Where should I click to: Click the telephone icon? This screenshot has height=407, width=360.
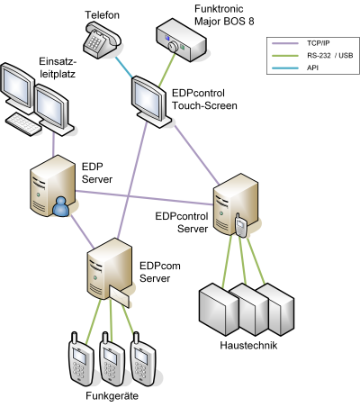click(102, 39)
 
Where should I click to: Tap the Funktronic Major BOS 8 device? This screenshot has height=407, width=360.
click(181, 40)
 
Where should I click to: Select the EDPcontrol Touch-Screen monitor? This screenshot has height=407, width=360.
click(151, 102)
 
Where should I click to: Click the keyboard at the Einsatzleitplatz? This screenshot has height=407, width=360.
click(23, 123)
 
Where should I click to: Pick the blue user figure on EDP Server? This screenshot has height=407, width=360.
click(61, 207)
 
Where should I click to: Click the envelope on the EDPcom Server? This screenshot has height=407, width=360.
click(120, 296)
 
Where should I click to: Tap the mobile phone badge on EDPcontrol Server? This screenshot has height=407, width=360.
click(240, 225)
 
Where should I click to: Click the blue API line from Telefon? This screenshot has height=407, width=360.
click(123, 68)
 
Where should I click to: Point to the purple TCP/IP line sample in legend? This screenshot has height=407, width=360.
click(285, 43)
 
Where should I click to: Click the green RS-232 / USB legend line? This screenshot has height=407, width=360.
click(285, 56)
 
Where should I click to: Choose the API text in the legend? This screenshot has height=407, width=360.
click(312, 68)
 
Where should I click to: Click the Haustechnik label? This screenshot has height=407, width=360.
click(248, 345)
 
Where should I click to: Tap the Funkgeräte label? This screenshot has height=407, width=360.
click(112, 395)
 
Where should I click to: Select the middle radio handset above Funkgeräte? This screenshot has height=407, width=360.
click(112, 359)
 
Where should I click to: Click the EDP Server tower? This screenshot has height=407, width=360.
click(52, 185)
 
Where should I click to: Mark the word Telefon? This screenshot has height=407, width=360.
click(102, 15)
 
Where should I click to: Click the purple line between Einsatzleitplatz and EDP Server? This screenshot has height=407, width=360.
click(54, 145)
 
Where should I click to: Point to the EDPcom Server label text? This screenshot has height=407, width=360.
click(160, 272)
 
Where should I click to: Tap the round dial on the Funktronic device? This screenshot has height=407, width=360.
click(173, 46)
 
